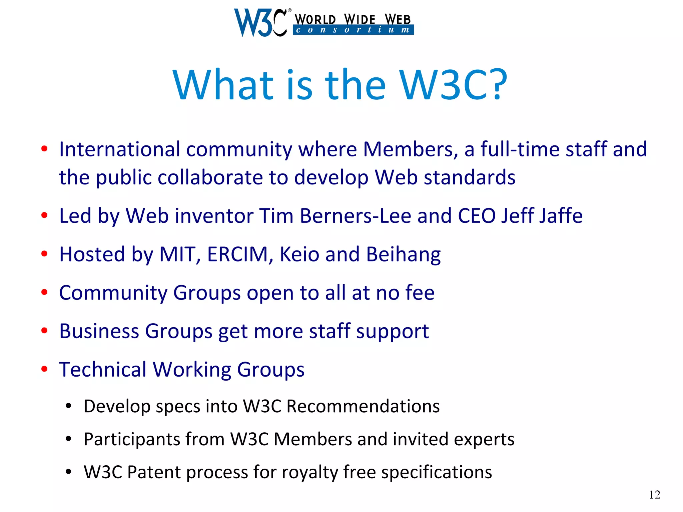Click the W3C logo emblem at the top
[x=260, y=22]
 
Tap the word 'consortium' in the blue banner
[x=353, y=30]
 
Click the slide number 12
[x=655, y=495]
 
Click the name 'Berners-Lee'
[x=356, y=216]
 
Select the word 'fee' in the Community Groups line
[x=420, y=293]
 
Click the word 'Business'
[x=99, y=331]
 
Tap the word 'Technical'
[x=103, y=370]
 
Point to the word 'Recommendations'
[x=363, y=406]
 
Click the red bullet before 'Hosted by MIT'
[x=44, y=254]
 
